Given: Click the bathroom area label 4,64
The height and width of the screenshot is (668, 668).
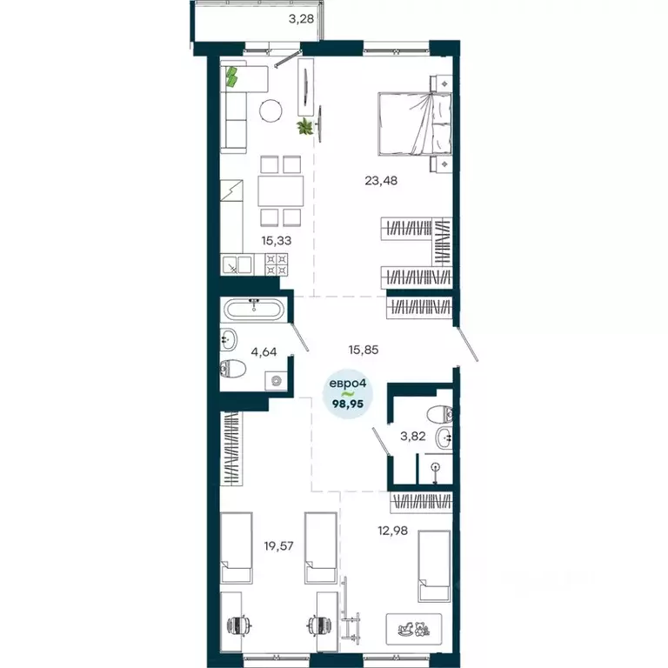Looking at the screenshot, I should (x=264, y=353).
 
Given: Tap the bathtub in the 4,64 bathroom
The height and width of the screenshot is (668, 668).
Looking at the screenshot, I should (x=253, y=309).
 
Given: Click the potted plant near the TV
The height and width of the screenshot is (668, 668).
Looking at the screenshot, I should (x=304, y=128).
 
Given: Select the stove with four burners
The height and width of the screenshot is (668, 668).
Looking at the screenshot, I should (x=277, y=264).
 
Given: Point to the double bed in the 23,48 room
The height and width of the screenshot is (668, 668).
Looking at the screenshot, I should (x=415, y=122).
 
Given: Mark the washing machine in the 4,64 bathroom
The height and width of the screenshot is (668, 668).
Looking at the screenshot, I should (x=276, y=380).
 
